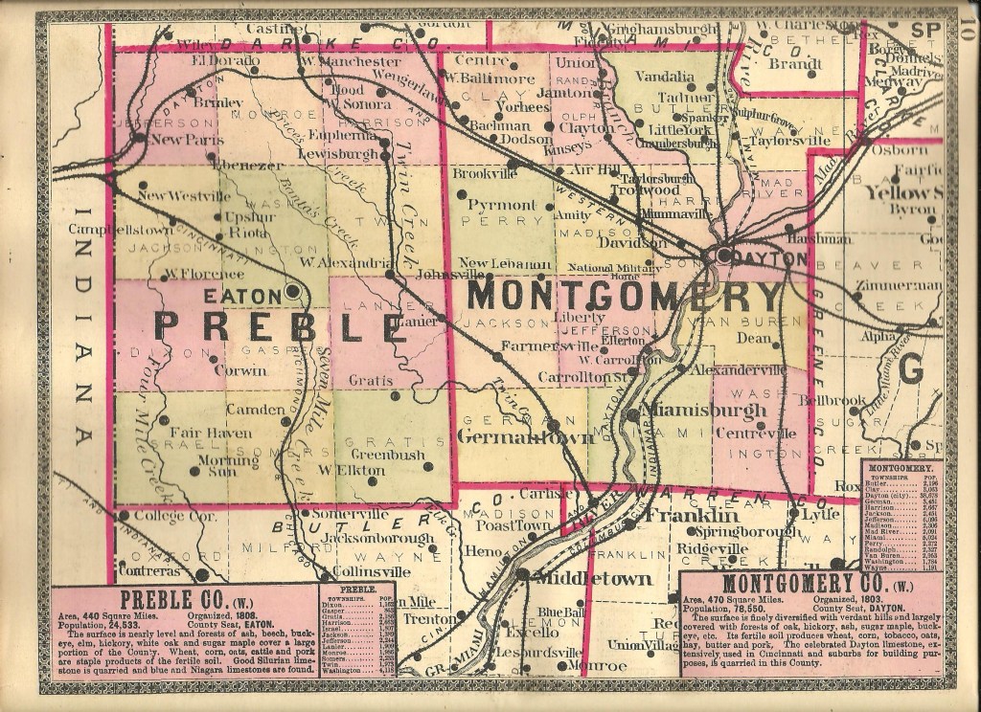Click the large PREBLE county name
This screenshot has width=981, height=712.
(x=279, y=327)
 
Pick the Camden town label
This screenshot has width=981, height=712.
(x=251, y=410)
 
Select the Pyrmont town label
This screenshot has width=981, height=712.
(x=502, y=205)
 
